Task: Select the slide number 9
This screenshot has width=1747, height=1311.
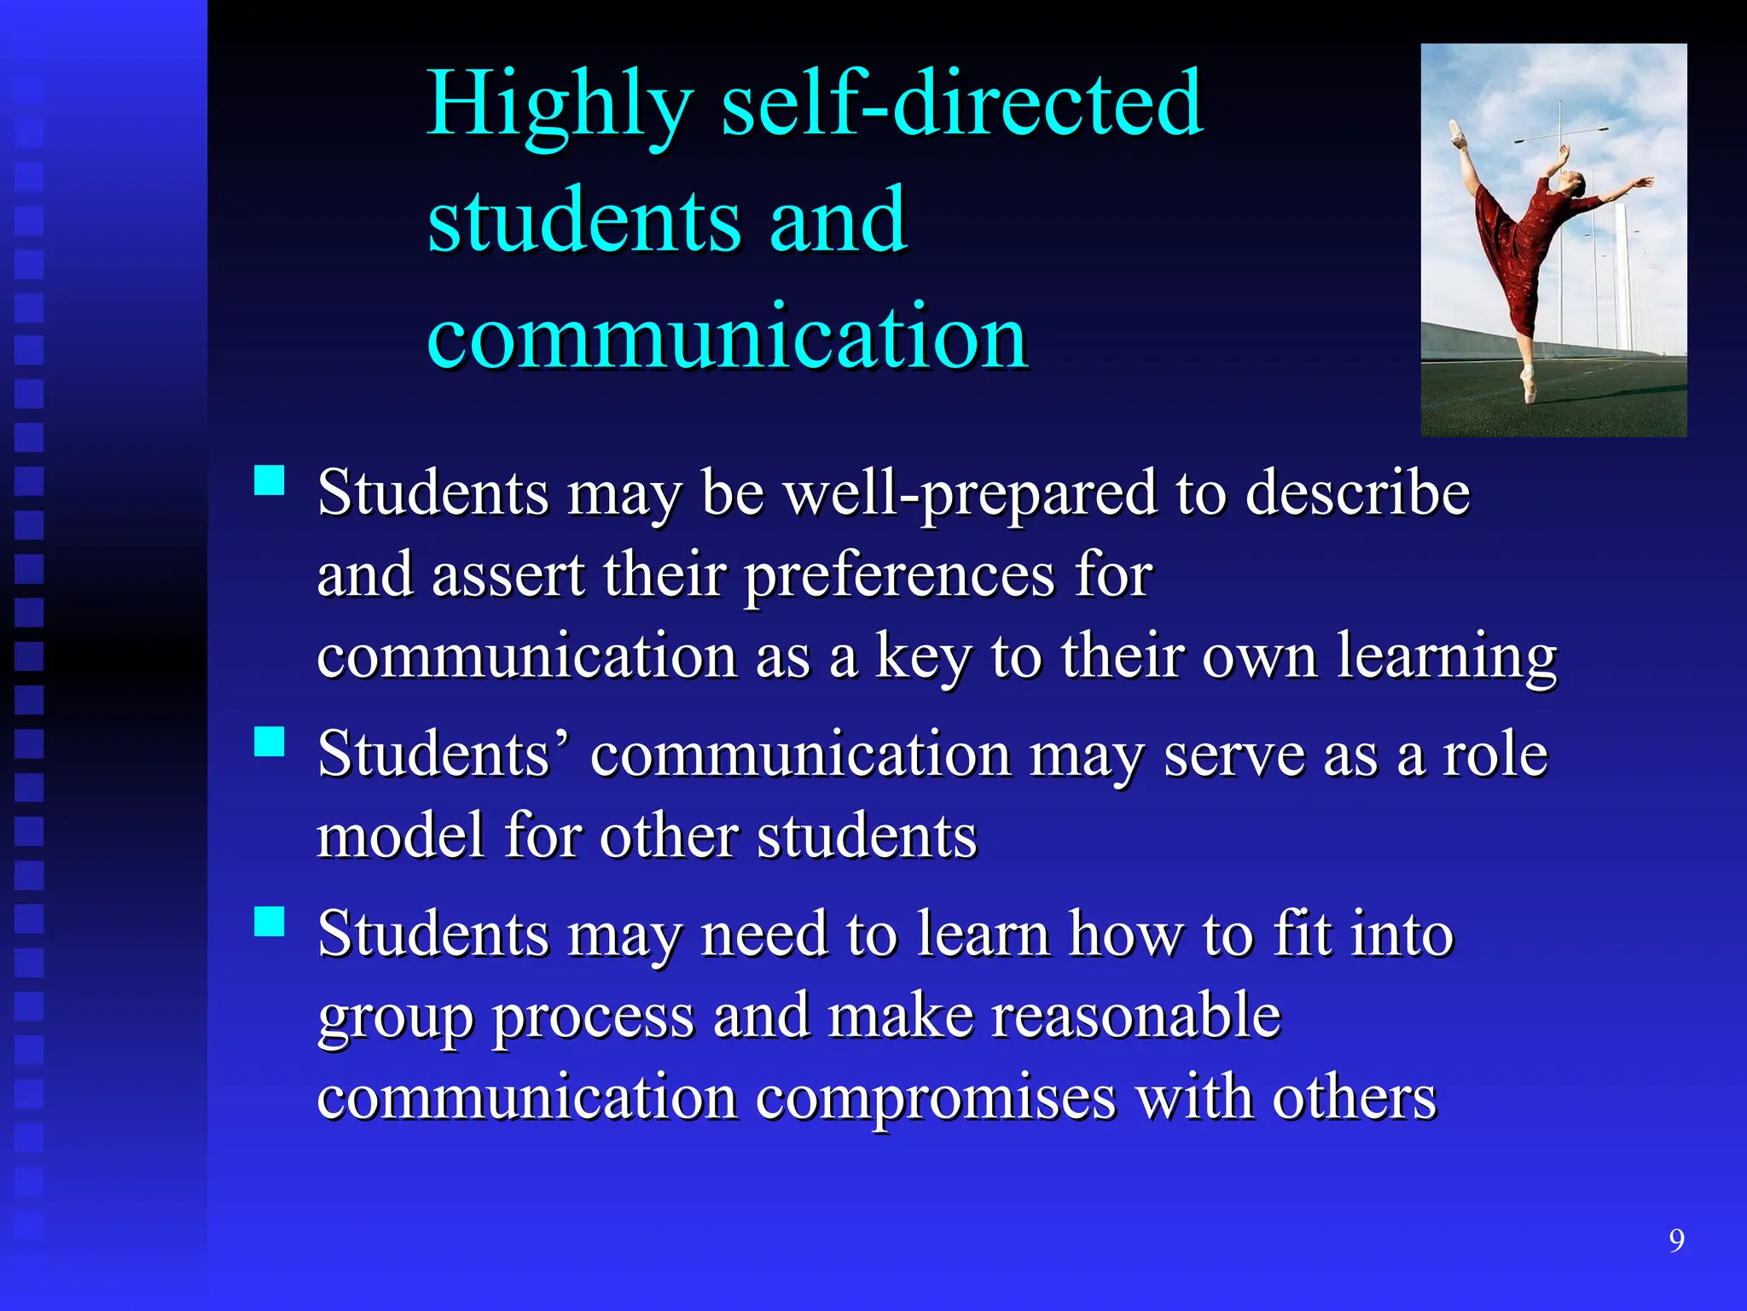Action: coord(1676,1240)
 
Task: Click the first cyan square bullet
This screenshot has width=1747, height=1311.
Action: coord(270,481)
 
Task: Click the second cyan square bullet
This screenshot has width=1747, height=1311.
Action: coord(270,742)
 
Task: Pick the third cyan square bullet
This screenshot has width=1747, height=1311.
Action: coord(270,921)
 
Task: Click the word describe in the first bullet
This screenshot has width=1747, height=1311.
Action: coord(1357,493)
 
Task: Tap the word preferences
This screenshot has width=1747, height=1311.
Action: coord(899,575)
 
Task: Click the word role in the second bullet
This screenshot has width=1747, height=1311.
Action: coord(1495,755)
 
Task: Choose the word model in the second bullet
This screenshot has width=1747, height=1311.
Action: coord(401,836)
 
